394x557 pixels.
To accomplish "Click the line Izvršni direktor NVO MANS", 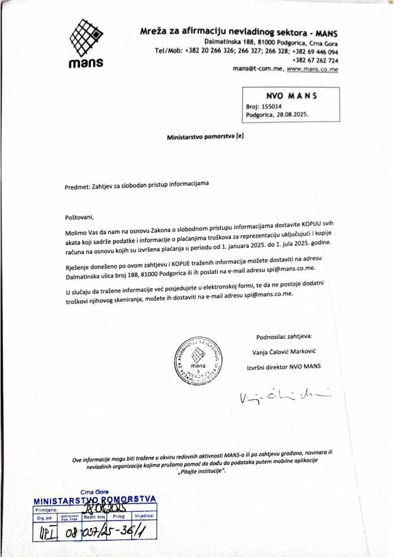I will pos(284,367).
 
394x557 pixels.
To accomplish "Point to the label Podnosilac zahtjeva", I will pos(284,337).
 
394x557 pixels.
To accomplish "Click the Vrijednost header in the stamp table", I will pos(146,515).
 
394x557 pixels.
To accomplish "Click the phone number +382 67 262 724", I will pos(316,60).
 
